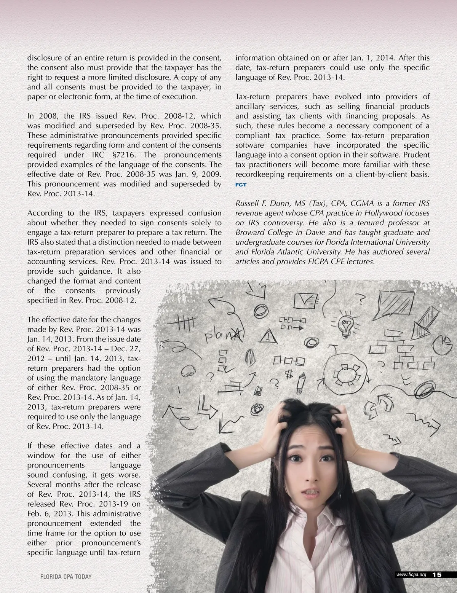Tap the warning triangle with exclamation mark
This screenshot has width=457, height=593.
(269, 335)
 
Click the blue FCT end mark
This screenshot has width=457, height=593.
(241, 185)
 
